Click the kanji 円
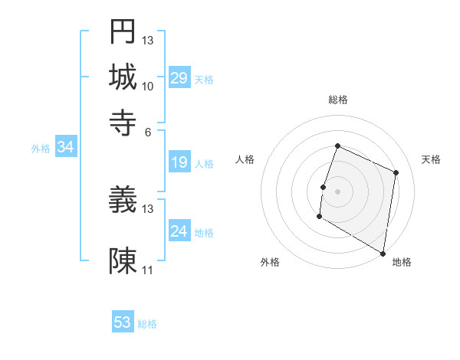(123, 31)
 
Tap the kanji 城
(123, 77)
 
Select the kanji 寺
(123, 122)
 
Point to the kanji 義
(123, 201)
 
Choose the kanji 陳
(123, 261)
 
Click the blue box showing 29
(179, 78)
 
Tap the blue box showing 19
(179, 162)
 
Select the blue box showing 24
(179, 231)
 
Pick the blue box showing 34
(65, 148)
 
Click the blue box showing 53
(123, 322)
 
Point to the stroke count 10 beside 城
(148, 86)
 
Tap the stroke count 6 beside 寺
(148, 131)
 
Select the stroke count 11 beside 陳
(148, 270)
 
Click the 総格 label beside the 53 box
(147, 324)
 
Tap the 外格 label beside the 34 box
(41, 149)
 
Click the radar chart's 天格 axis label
(431, 159)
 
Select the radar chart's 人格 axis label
(245, 159)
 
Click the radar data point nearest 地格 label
(383, 253)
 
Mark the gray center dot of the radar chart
(337, 191)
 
